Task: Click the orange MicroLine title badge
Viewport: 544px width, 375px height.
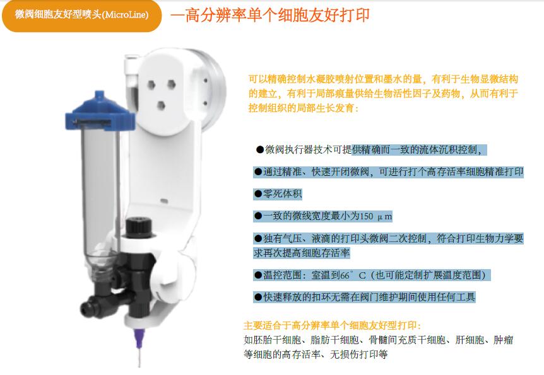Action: click(x=82, y=15)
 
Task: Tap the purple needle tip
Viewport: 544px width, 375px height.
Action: click(x=139, y=340)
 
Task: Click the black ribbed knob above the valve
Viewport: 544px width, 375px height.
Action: click(x=139, y=228)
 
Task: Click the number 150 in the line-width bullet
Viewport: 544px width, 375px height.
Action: click(x=366, y=216)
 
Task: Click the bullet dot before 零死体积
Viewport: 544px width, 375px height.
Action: click(x=257, y=193)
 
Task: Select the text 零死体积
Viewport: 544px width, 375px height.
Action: click(x=282, y=193)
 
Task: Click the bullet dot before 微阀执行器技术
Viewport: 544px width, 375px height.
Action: click(x=260, y=150)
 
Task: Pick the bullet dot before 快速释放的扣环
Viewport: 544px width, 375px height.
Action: click(x=257, y=297)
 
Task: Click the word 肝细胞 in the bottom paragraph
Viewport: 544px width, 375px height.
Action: click(x=470, y=340)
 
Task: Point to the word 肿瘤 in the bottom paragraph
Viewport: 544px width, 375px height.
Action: click(x=503, y=340)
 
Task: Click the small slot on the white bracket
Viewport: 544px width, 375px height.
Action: click(x=164, y=200)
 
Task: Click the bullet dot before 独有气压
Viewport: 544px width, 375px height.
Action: click(x=257, y=238)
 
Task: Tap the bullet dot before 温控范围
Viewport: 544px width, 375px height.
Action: click(x=257, y=275)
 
